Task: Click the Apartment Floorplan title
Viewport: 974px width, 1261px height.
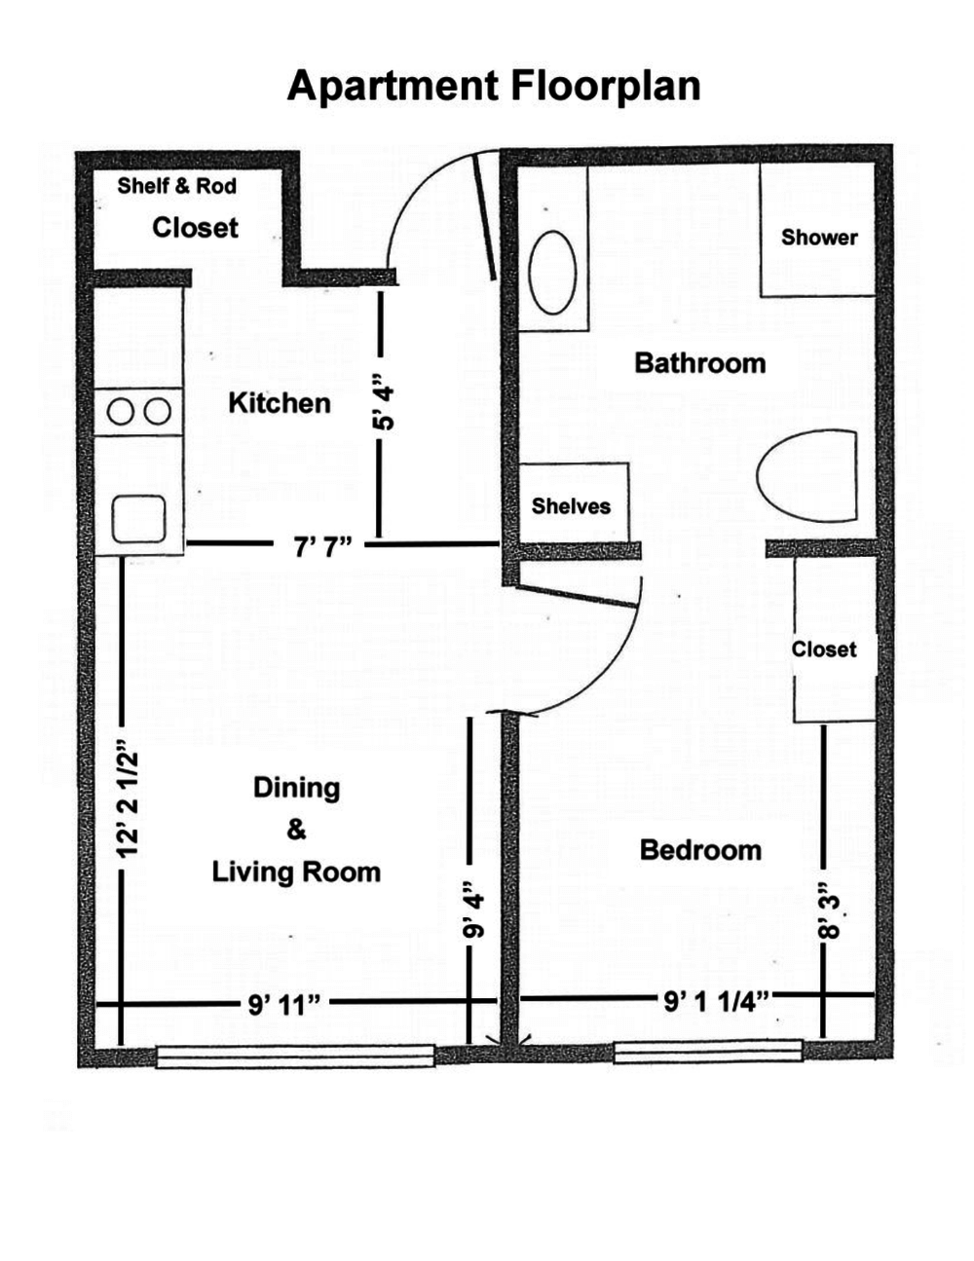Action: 494,87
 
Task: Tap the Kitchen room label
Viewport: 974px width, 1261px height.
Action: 280,403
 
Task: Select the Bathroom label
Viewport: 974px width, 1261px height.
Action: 700,363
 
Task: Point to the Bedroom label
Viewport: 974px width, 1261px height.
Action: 700,850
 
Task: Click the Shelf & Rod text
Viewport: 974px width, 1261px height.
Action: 177,186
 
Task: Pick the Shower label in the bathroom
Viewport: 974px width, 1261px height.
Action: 819,237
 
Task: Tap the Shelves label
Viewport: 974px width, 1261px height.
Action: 571,506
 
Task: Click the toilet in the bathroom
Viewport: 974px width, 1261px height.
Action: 807,475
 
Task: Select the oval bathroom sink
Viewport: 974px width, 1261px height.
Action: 552,273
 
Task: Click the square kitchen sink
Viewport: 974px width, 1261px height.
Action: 138,519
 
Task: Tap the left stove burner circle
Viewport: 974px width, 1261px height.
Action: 121,412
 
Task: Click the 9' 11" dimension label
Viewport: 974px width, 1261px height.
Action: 284,1005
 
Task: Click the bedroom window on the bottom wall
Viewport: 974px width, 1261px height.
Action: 708,1052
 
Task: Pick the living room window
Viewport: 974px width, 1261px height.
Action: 295,1057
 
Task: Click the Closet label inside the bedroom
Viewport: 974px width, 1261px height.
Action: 824,649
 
